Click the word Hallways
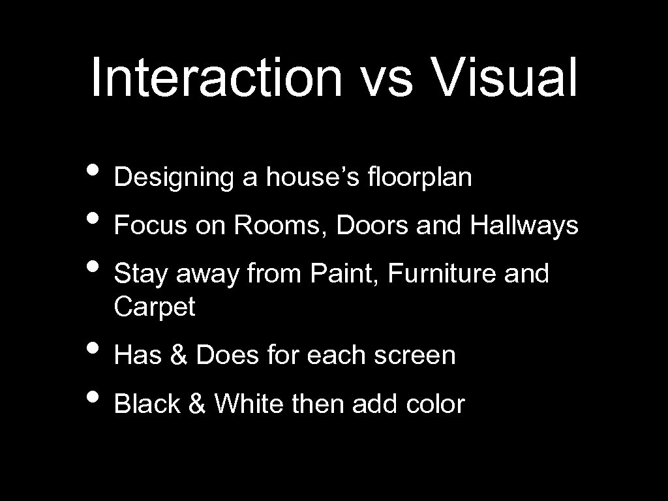pyautogui.click(x=523, y=226)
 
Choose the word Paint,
pyautogui.click(x=346, y=274)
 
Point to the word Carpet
pyautogui.click(x=155, y=307)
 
